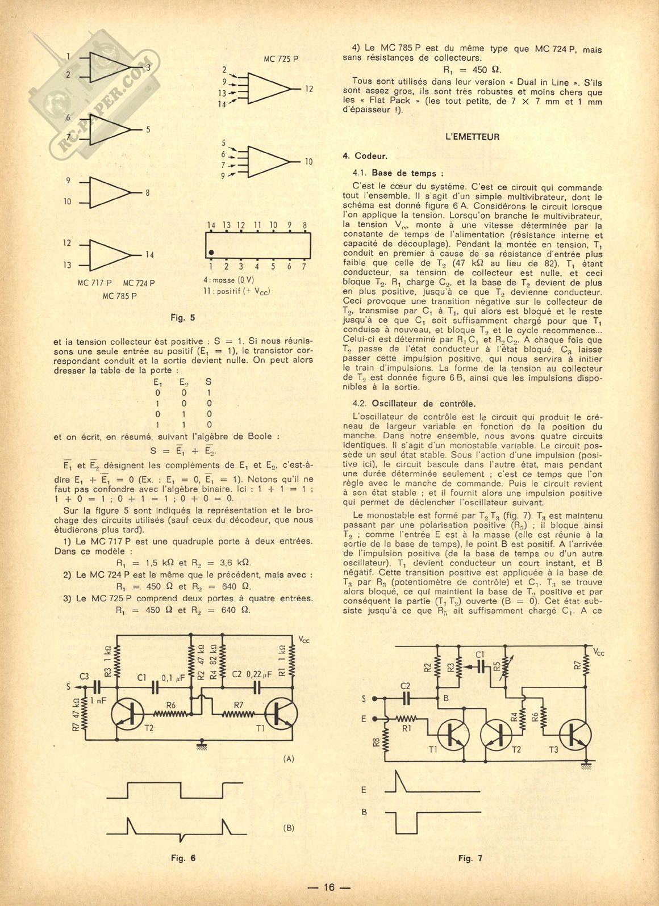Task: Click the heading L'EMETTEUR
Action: point(473,137)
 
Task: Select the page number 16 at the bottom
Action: point(330,887)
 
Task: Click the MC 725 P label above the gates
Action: point(281,58)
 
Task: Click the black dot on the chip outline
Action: point(211,252)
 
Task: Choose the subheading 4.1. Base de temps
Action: point(397,173)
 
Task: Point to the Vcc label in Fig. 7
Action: point(598,653)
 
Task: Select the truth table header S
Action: point(209,382)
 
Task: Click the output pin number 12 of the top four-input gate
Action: point(309,89)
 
